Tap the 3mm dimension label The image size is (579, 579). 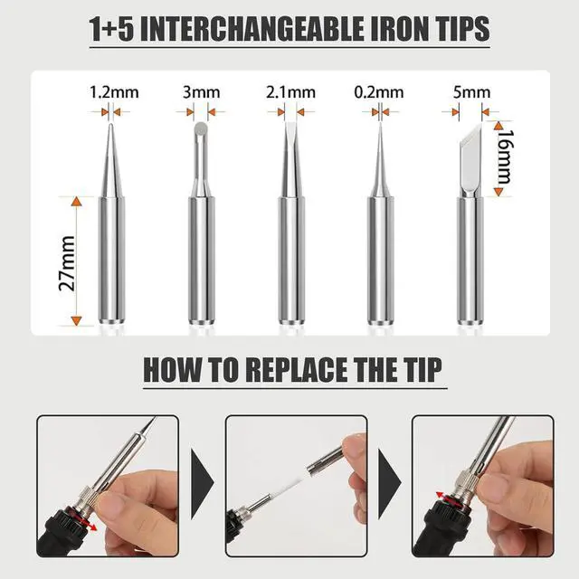(200, 91)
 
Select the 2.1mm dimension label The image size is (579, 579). (290, 91)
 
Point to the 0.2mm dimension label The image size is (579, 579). (379, 91)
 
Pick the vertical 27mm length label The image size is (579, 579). (63, 261)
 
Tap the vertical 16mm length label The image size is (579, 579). (507, 157)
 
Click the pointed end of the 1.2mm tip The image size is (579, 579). (109, 131)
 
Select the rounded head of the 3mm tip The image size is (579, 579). (200, 136)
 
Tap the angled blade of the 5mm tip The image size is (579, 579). (470, 145)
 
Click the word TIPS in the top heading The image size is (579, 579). (452, 29)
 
